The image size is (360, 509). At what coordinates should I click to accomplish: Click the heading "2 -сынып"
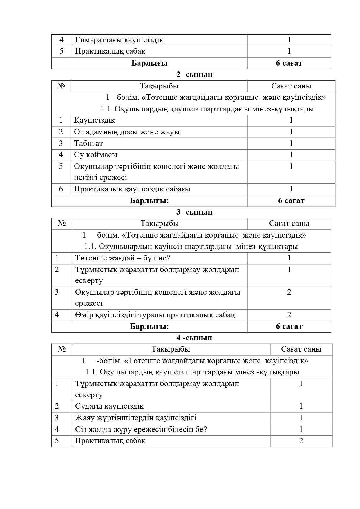[x=194, y=75]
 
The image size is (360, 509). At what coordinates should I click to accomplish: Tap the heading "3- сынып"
[x=194, y=212]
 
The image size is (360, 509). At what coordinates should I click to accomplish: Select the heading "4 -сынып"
[x=194, y=338]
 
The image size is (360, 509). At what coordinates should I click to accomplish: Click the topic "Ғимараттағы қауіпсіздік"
[x=119, y=40]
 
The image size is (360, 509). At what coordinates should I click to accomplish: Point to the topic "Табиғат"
[x=88, y=143]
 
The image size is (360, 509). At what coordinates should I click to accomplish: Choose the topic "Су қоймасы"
[x=96, y=155]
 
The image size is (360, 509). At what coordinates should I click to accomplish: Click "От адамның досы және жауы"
[x=127, y=132]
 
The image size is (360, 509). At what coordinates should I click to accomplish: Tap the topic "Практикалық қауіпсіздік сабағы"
[x=132, y=189]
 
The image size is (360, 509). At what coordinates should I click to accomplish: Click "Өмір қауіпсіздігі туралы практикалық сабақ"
[x=155, y=315]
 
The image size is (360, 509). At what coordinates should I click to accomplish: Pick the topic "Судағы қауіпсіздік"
[x=109, y=406]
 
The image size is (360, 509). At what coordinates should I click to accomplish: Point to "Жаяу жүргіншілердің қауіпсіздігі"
[x=136, y=418]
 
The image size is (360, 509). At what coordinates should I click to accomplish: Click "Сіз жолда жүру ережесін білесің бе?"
[x=141, y=429]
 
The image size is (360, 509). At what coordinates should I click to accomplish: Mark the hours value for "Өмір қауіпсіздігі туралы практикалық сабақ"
[x=289, y=315]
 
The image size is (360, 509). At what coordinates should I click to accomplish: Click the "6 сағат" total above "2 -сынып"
[x=289, y=63]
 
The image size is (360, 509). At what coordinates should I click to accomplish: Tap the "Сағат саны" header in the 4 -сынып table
[x=301, y=349]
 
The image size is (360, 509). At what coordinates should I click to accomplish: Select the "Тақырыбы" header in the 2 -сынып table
[x=159, y=86]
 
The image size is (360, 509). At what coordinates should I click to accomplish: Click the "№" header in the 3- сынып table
[x=62, y=223]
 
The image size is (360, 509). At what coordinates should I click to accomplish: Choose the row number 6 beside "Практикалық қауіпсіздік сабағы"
[x=61, y=189]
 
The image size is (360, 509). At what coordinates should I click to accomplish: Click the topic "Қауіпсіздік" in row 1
[x=94, y=120]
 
